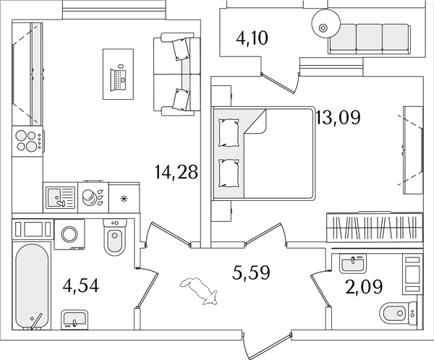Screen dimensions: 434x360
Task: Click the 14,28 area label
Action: click(176, 172)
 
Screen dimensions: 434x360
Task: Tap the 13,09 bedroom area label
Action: click(338, 117)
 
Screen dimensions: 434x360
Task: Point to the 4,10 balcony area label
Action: click(252, 38)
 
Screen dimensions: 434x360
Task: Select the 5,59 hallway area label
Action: click(251, 273)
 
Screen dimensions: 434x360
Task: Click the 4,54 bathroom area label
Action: click(81, 286)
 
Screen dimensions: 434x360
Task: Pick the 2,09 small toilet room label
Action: click(364, 286)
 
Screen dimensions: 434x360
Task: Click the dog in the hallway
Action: click(199, 291)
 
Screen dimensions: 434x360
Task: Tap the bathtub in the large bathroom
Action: click(32, 286)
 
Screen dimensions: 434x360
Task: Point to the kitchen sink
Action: click(60, 197)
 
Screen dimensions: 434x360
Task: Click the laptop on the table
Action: click(119, 78)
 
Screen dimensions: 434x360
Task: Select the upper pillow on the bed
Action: click(229, 133)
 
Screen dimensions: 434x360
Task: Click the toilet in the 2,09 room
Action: click(399, 313)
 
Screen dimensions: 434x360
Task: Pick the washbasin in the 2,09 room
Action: click(353, 264)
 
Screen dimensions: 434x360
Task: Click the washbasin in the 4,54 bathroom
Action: click(74, 320)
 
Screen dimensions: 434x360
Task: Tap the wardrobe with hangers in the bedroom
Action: click(375, 227)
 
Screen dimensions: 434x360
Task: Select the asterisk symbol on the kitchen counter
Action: click(124, 198)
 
